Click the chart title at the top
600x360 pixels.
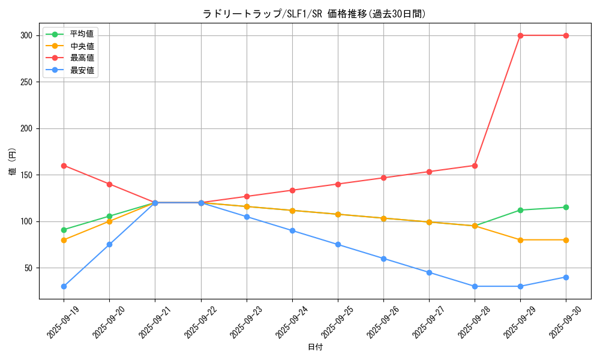pyautogui.click(x=314, y=14)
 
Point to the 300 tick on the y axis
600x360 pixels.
pyautogui.click(x=27, y=35)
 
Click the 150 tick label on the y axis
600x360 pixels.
pyautogui.click(x=27, y=175)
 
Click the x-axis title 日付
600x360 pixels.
pyautogui.click(x=314, y=347)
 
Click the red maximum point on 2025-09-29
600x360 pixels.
pyautogui.click(x=520, y=35)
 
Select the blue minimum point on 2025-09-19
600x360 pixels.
pyautogui.click(x=64, y=286)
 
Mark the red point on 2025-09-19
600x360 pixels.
pyautogui.click(x=64, y=166)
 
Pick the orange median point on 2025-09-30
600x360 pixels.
pyautogui.click(x=566, y=240)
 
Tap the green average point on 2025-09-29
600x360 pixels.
pyautogui.click(x=520, y=210)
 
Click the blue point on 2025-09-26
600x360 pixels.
pyautogui.click(x=383, y=259)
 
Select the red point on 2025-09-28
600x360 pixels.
pyautogui.click(x=475, y=166)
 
